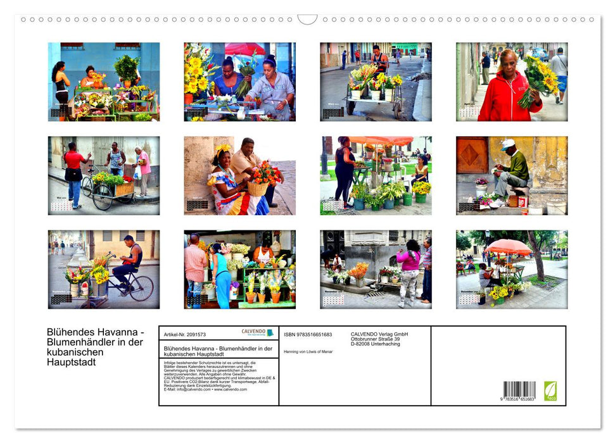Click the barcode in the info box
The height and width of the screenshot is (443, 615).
click(519, 389)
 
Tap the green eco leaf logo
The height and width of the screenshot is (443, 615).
click(550, 390)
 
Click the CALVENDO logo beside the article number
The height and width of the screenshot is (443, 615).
click(257, 333)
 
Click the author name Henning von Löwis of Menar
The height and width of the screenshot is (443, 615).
click(308, 351)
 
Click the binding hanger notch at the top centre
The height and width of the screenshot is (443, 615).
click(307, 20)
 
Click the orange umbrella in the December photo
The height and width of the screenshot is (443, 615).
click(508, 246)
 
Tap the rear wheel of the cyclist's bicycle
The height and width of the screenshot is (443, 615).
click(141, 288)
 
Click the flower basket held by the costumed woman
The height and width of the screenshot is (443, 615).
click(258, 187)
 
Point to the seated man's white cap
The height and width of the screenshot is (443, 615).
click(508, 144)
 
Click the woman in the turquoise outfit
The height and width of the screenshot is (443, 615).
click(221, 278)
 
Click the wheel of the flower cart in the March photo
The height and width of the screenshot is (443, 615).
click(350, 108)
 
